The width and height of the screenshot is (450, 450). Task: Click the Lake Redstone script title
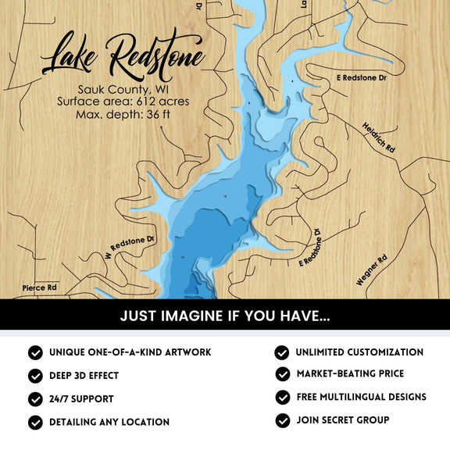coord(123,55)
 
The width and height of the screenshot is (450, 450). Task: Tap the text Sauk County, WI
coord(123,89)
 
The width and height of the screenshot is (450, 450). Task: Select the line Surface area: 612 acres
coord(123,102)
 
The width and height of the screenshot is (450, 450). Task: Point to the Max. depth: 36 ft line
coord(123,115)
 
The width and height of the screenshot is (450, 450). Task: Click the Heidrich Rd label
coord(379,137)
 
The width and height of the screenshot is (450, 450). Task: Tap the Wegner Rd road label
coord(372,270)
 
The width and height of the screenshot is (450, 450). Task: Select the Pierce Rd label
coord(40,287)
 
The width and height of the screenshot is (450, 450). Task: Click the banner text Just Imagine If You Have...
coord(225,316)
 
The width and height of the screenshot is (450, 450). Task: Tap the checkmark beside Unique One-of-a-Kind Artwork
coord(35,353)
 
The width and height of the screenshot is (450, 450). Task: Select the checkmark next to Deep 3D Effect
coord(35,376)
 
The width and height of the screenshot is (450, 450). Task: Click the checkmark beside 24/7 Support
coord(35,398)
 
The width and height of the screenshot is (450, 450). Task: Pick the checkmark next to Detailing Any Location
coord(35,422)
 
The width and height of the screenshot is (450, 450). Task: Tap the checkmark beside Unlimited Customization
coord(282,352)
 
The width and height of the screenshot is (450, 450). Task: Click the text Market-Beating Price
coord(350,374)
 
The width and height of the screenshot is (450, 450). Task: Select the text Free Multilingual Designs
coord(361,397)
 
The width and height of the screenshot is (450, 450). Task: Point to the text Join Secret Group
coord(342,420)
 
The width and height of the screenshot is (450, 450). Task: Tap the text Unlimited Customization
coord(359,352)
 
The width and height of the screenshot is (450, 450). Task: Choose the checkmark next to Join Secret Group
coord(282,420)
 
